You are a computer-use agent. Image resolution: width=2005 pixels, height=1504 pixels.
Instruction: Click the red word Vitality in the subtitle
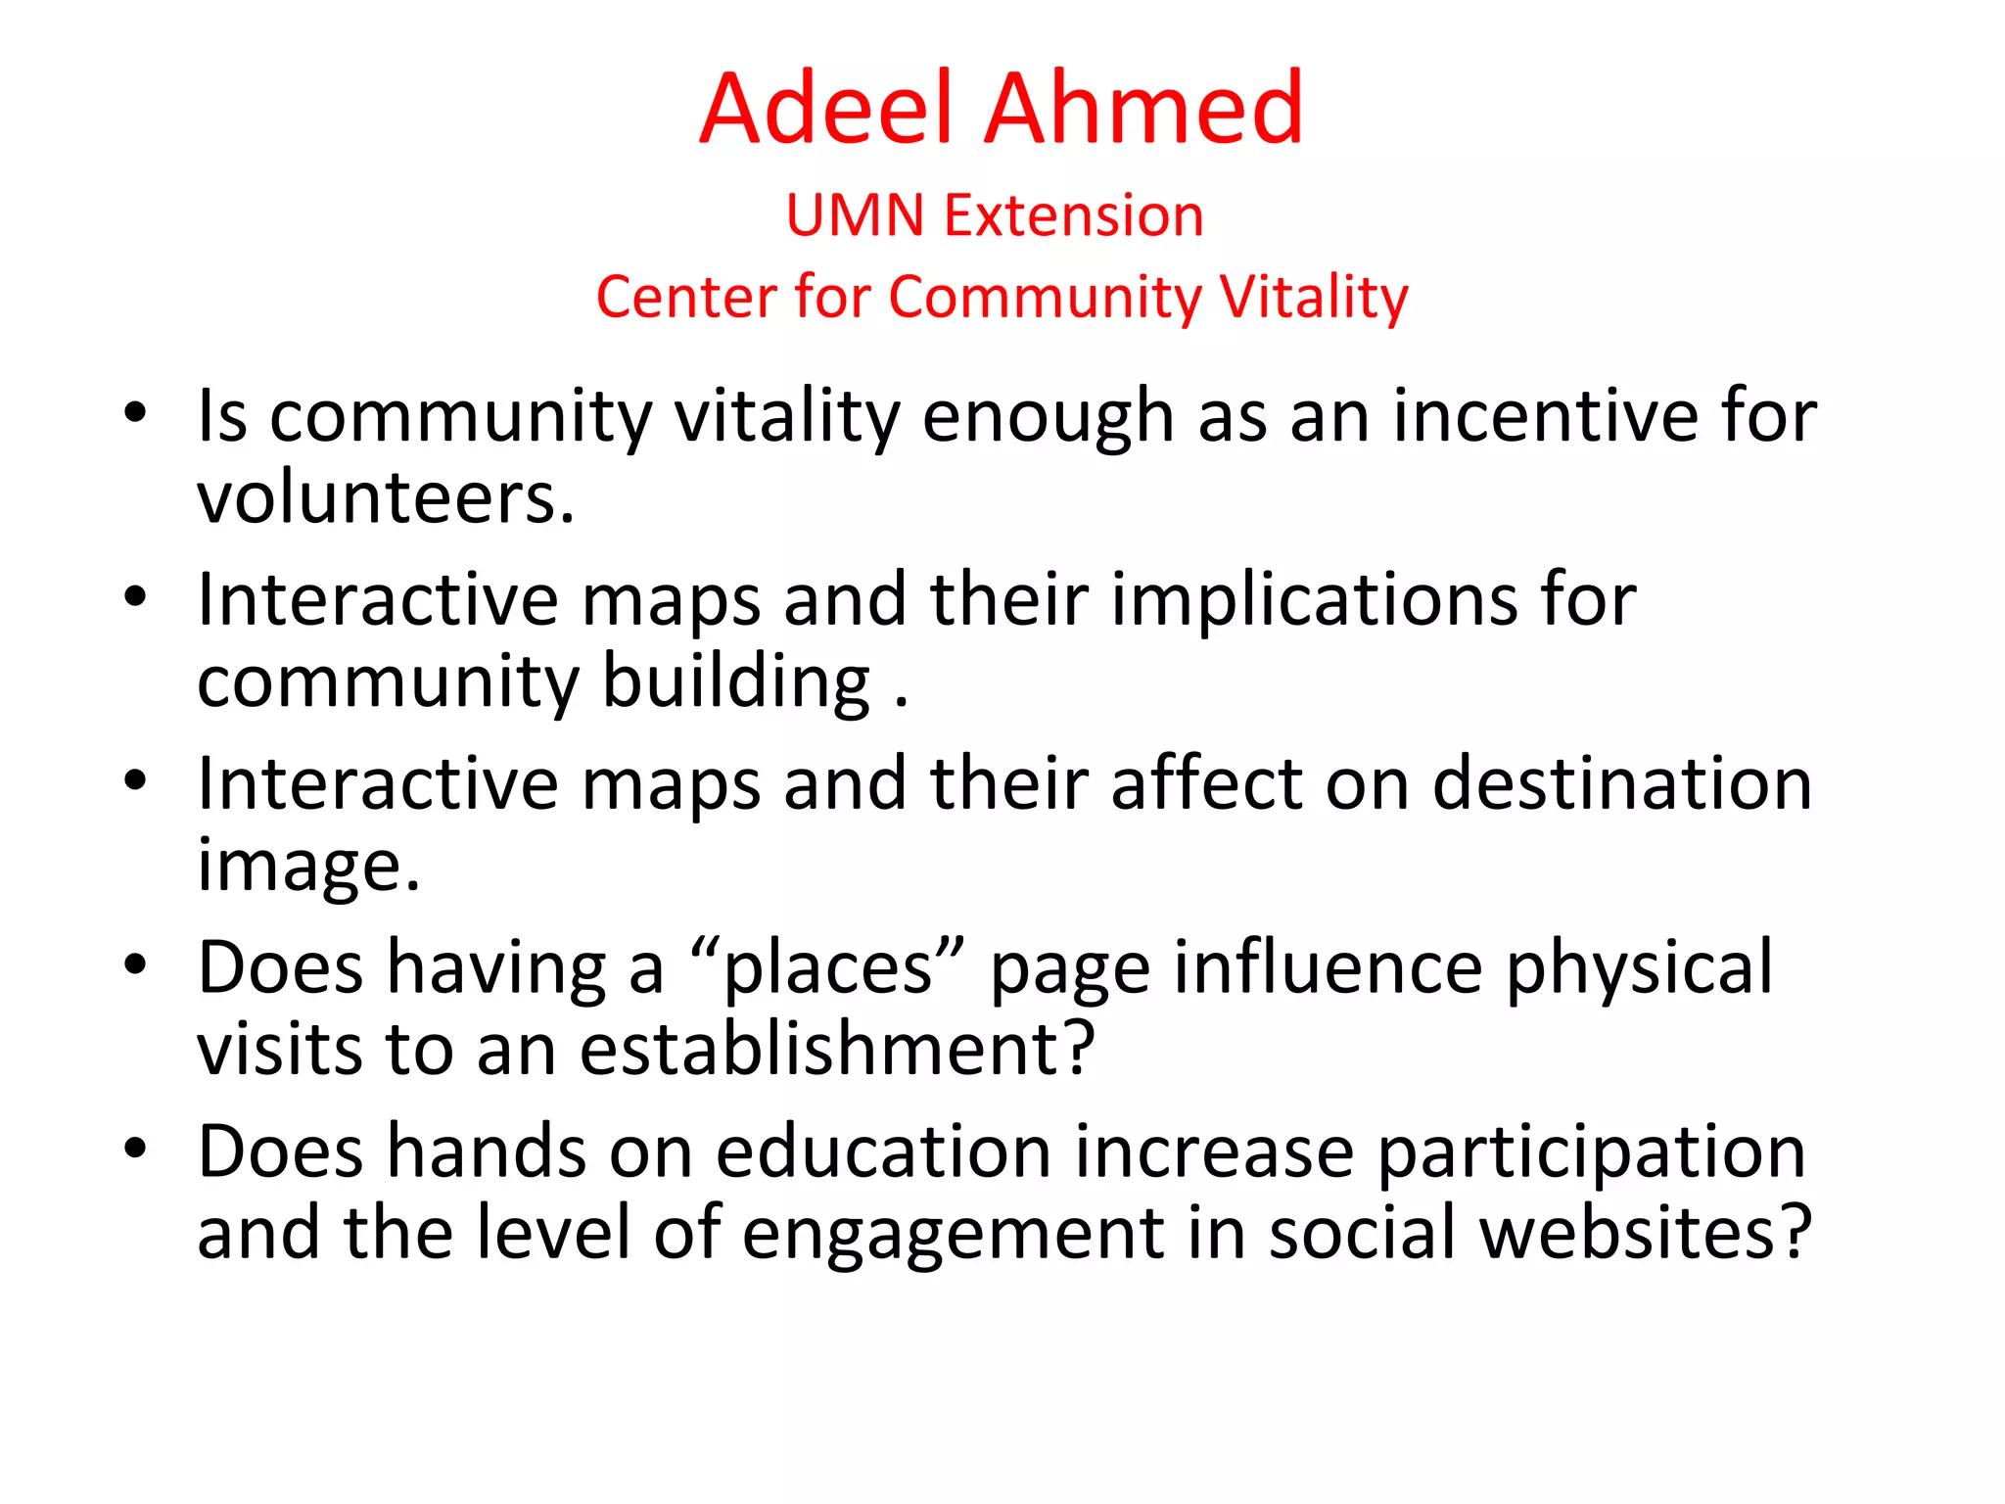(1313, 297)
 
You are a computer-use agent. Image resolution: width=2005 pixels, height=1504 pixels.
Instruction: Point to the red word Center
(684, 297)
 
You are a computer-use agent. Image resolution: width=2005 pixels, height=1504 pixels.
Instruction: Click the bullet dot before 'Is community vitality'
(135, 412)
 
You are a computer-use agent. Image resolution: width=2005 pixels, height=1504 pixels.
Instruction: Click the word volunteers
(385, 497)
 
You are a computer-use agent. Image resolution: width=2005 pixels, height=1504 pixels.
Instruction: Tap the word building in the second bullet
(735, 682)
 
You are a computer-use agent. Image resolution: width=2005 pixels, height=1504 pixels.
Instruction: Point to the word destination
(1621, 783)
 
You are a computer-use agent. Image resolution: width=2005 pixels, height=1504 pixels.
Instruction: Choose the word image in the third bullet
(308, 867)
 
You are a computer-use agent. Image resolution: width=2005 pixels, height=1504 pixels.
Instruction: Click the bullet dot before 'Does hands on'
(135, 1148)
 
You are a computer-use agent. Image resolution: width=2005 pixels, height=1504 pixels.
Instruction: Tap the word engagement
(953, 1234)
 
